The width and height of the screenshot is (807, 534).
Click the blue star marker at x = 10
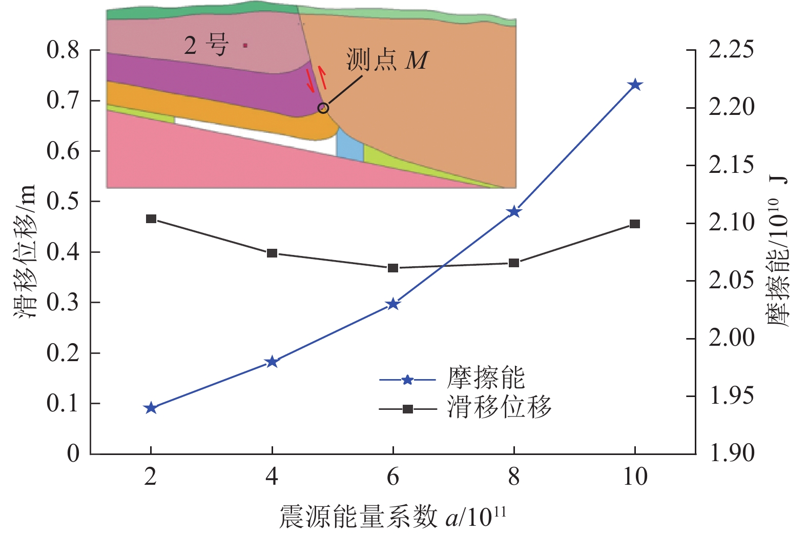tap(635, 85)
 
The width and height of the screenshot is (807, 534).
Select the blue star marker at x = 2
tap(151, 408)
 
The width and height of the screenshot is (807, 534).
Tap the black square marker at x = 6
tap(393, 268)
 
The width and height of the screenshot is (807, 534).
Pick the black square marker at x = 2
tap(151, 219)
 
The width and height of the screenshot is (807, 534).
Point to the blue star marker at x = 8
tap(514, 212)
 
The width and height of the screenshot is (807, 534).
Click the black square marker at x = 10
tap(635, 224)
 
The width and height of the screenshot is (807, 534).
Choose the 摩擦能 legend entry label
tap(485, 379)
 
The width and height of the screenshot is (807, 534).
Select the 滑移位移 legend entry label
tap(499, 408)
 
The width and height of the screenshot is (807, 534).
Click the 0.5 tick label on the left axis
tap(63, 202)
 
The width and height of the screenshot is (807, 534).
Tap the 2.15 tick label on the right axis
tap(731, 165)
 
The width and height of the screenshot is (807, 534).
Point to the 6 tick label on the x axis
tap(393, 477)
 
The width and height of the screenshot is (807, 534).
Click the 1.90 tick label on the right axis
tap(731, 453)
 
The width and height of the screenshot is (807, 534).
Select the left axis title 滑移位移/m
tap(26, 251)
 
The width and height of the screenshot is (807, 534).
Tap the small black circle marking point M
tap(323, 108)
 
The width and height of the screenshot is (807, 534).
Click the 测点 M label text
tap(387, 60)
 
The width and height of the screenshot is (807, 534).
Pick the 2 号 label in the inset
tap(205, 45)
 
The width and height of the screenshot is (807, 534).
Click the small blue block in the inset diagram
tap(350, 144)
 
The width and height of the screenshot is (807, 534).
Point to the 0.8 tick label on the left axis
tap(63, 50)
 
